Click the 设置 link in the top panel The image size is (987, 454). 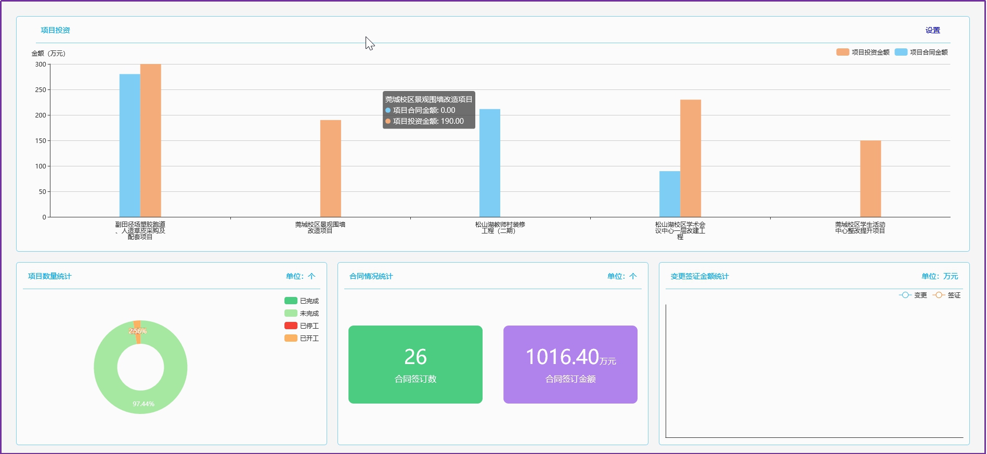932,30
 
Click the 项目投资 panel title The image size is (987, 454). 55,30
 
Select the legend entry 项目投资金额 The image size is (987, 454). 863,52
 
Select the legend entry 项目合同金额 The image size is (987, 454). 921,52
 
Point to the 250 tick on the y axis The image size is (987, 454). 41,90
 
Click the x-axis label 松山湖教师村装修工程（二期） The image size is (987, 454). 500,227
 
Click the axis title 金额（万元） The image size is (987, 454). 48,54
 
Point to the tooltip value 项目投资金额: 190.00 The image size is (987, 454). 428,121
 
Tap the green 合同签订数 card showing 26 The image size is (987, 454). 415,364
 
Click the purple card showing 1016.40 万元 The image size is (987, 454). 570,364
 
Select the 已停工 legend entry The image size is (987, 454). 302,326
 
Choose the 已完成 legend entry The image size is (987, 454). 302,301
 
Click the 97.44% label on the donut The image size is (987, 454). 143,404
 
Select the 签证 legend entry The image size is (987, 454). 947,295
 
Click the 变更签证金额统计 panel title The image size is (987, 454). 699,276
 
